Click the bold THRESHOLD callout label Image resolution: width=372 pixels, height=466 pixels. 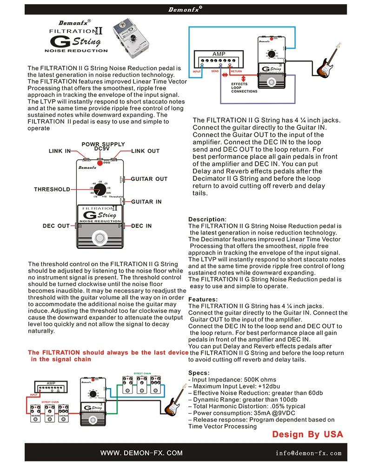[x=52, y=190]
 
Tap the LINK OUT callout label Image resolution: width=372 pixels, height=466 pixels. [x=145, y=151]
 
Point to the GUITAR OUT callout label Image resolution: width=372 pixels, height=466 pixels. [x=149, y=179]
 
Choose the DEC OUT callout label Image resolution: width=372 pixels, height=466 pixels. [x=56, y=226]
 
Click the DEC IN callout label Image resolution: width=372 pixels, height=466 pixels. [x=141, y=226]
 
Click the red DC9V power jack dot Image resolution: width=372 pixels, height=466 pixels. [x=100, y=163]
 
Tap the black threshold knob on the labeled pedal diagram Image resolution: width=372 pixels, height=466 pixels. [x=100, y=189]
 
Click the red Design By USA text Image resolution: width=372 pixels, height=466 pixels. [x=307, y=435]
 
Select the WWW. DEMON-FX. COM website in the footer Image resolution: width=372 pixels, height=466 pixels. [x=142, y=453]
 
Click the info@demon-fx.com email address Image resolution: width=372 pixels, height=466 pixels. [x=308, y=453]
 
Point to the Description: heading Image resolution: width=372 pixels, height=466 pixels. [x=207, y=219]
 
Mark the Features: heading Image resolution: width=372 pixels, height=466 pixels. [x=203, y=300]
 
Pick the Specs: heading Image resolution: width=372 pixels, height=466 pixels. [x=199, y=373]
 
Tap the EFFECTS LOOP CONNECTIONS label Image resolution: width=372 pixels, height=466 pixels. [x=244, y=88]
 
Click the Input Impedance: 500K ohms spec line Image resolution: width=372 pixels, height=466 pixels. [x=232, y=380]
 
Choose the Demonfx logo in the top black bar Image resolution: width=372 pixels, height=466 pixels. [x=185, y=9]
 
